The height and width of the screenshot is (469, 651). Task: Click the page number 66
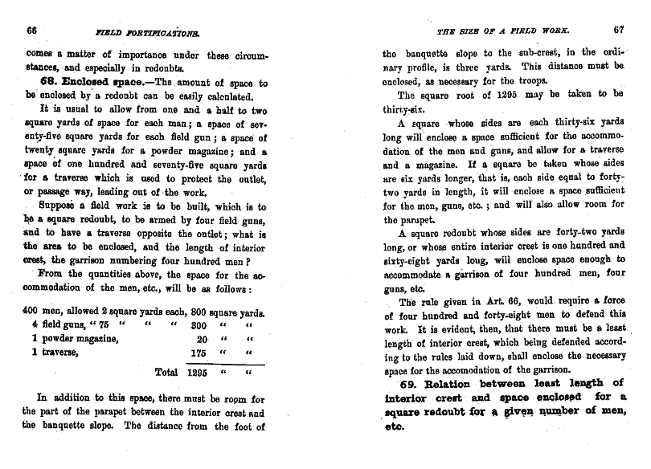click(33, 30)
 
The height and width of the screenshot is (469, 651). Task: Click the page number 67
click(619, 30)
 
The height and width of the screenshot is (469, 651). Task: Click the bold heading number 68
click(48, 83)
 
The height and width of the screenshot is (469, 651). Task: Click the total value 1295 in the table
click(198, 373)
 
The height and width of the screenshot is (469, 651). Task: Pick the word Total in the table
click(167, 373)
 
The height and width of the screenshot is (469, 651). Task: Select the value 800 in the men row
click(196, 311)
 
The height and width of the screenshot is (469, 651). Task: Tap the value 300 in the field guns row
click(198, 324)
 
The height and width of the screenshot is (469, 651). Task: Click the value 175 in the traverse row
click(198, 353)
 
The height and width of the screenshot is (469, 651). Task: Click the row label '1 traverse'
click(55, 353)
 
